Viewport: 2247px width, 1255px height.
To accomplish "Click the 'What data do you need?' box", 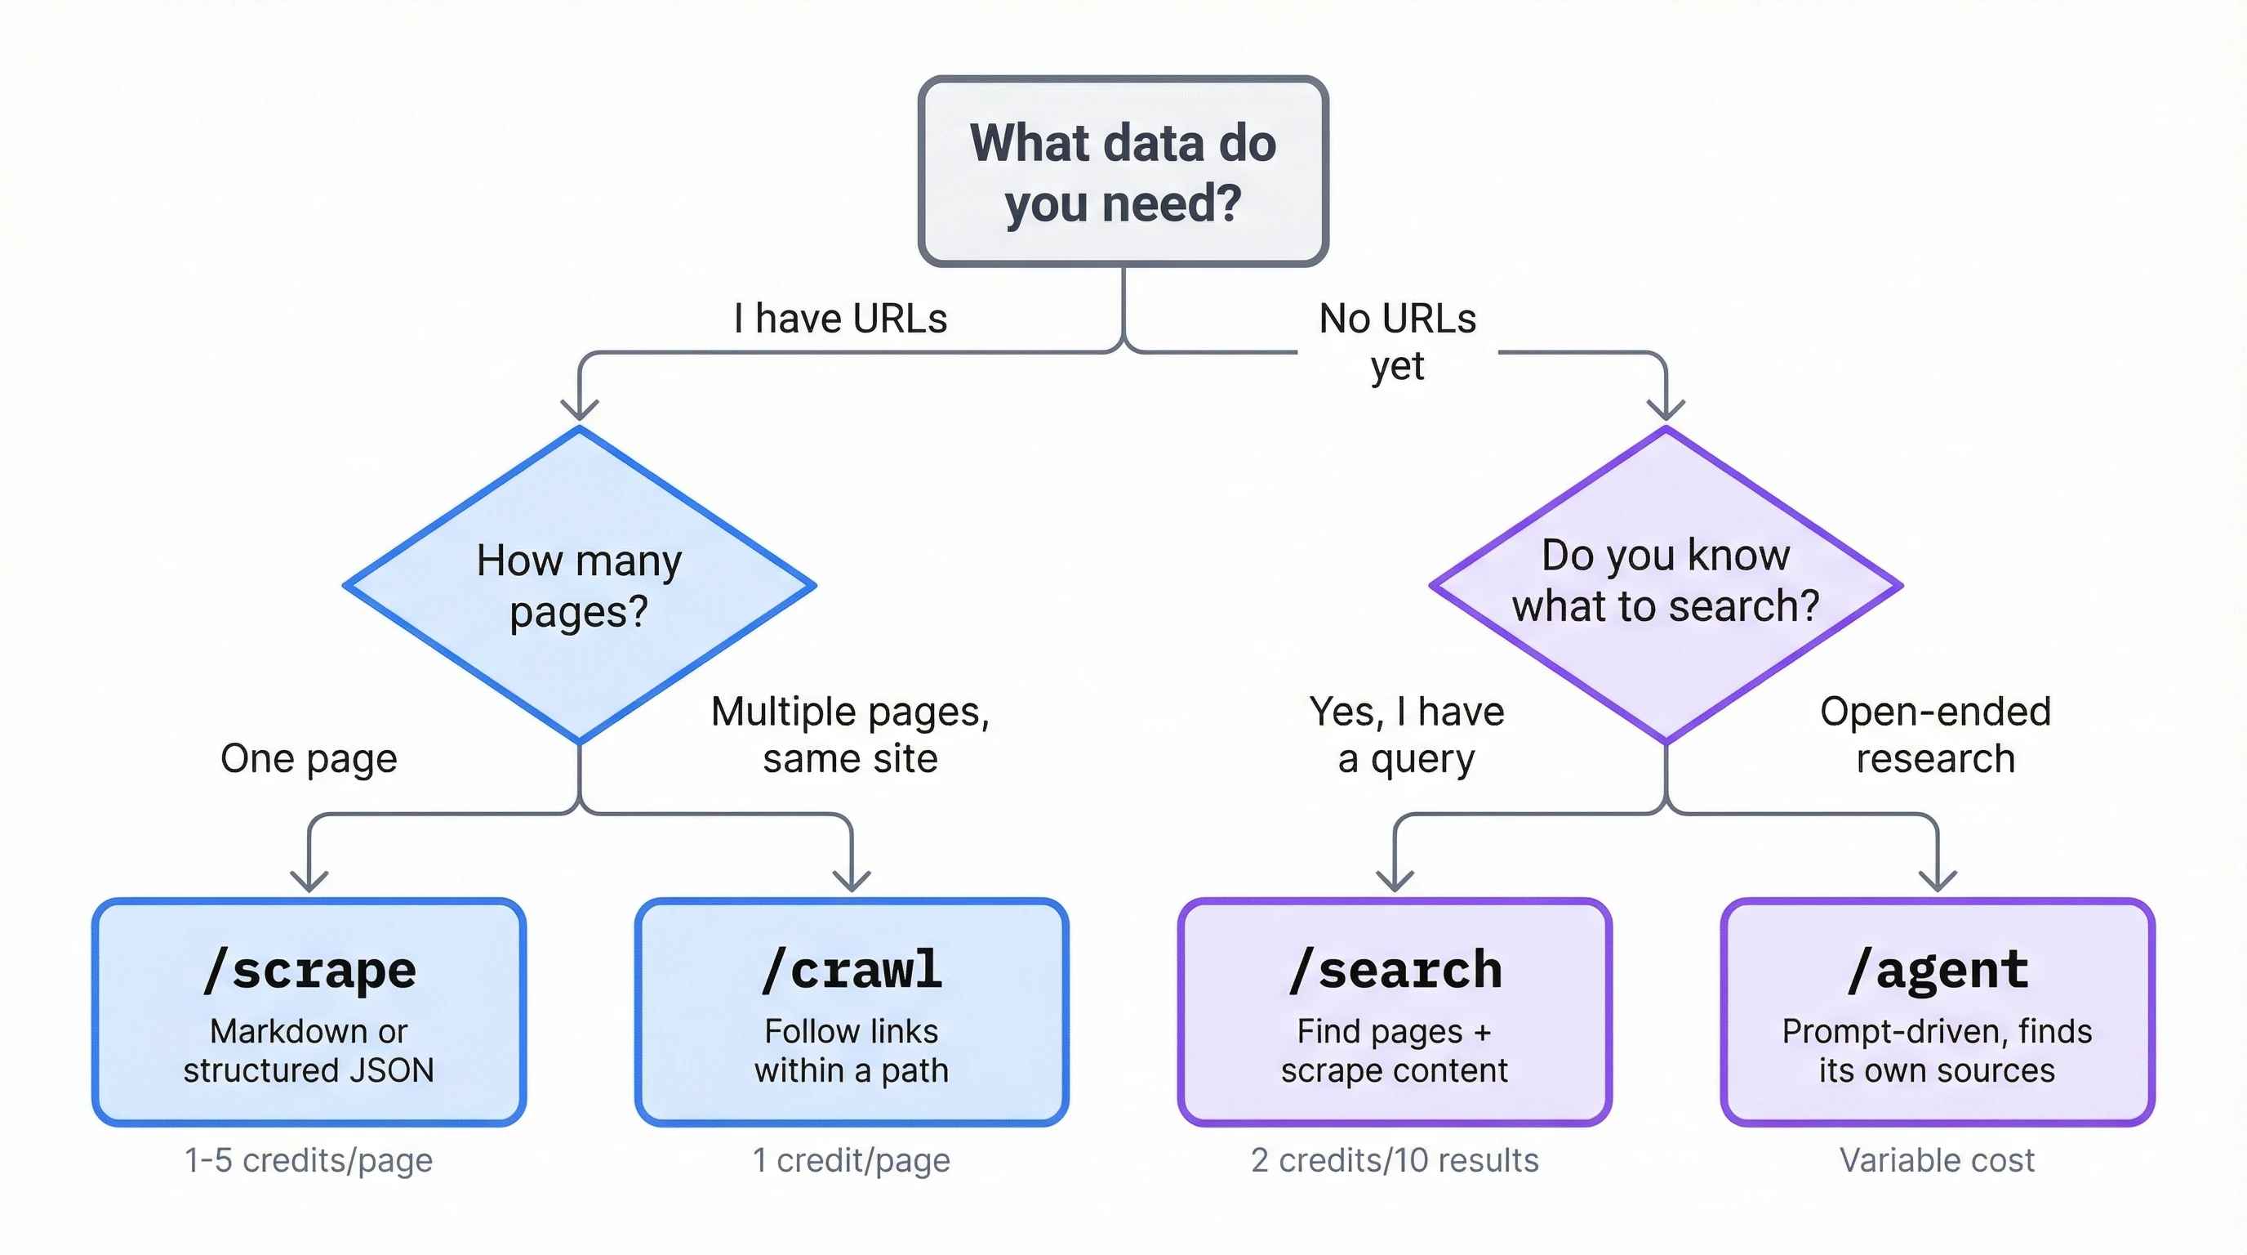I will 1123,171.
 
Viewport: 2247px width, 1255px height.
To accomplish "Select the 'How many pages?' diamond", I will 579,585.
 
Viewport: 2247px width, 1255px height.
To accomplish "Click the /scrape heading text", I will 309,970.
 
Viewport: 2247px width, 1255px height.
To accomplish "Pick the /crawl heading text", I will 852,970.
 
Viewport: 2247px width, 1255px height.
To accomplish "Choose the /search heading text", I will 1395,970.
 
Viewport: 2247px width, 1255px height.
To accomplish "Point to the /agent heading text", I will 1938,970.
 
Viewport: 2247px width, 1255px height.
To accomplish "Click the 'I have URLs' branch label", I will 840,319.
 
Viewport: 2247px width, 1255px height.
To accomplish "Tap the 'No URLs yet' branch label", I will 1397,342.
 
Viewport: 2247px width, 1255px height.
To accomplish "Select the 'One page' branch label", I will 309,757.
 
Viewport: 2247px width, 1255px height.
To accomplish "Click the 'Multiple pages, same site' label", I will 851,735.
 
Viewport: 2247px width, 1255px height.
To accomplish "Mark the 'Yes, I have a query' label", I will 1406,735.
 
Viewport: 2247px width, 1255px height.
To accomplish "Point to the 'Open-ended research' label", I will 1935,735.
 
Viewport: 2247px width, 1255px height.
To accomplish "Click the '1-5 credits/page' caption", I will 309,1160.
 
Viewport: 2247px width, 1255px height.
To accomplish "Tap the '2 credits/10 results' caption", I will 1395,1160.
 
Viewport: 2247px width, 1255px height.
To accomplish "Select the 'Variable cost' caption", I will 1937,1160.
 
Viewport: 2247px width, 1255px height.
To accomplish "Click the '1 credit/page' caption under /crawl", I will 852,1160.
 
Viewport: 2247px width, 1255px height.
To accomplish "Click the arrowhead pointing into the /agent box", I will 1938,880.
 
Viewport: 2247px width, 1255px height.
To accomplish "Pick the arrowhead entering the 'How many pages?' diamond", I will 579,409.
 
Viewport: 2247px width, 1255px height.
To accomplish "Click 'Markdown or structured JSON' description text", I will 309,1051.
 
